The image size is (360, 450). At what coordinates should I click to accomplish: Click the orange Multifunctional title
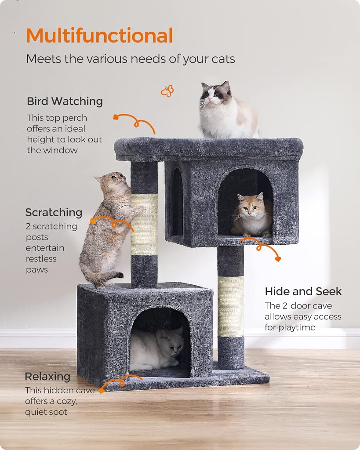pos(99,36)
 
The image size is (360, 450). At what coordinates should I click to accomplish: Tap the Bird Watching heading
pos(65,102)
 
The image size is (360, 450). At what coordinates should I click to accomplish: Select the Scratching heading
pos(54,213)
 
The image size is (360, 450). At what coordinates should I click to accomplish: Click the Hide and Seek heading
pos(303,291)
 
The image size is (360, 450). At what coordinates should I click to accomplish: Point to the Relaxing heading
pos(47,377)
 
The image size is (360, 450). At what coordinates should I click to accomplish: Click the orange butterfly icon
pos(167,91)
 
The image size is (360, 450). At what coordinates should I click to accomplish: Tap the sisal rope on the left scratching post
pos(144,225)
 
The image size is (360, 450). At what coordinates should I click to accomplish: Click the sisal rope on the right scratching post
pos(231,306)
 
